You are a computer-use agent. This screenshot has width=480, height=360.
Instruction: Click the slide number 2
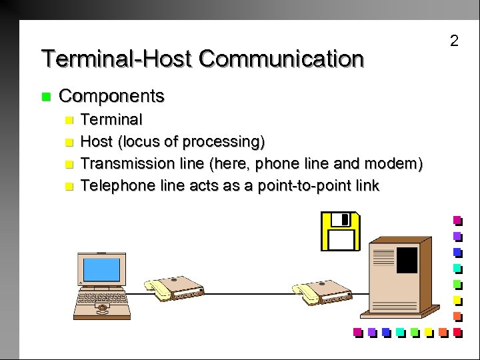(x=454, y=41)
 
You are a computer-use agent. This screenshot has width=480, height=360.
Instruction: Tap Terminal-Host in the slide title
(x=116, y=59)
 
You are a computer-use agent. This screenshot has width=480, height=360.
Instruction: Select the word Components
(x=111, y=96)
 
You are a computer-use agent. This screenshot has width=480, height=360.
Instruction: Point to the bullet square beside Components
(x=45, y=97)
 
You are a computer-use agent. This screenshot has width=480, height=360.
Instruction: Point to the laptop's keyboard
(x=100, y=299)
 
